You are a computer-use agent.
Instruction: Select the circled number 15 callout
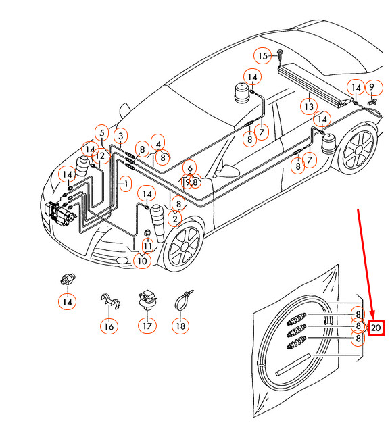pos(262,55)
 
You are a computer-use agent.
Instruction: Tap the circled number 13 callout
pos(308,107)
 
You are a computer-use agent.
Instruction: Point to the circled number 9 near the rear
pos(371,87)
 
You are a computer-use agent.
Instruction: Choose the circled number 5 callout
pos(101,132)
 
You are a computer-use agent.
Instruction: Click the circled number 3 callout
pos(120,137)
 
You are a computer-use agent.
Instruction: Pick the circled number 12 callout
pos(100,156)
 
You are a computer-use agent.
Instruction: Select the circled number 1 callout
pos(124,183)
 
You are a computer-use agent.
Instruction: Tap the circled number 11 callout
pos(147,246)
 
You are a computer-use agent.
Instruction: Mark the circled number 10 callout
pos(141,261)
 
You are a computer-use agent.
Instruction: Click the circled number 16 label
pos(108,327)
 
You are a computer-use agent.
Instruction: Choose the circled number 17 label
pos(147,326)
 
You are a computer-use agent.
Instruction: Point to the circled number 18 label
pos(180,326)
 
